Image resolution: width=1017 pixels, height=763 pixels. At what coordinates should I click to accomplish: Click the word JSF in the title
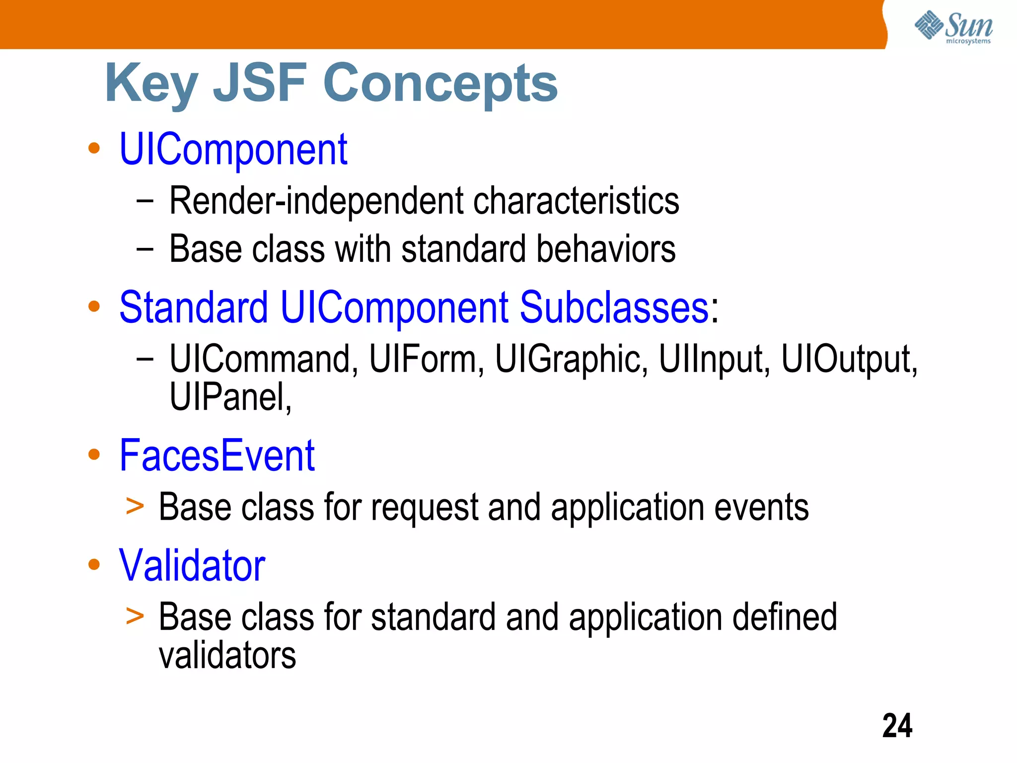pyautogui.click(x=260, y=83)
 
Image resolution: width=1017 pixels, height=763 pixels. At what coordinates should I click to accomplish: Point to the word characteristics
pyautogui.click(x=576, y=201)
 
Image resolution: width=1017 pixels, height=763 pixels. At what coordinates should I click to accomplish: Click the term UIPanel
pyautogui.click(x=229, y=397)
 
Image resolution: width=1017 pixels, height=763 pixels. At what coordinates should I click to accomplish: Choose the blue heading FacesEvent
pyautogui.click(x=217, y=456)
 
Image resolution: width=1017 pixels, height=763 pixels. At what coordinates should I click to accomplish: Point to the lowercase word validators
pyautogui.click(x=227, y=656)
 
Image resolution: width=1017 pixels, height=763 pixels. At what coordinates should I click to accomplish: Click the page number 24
pyautogui.click(x=897, y=726)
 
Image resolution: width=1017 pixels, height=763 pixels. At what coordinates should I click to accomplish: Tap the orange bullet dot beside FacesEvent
pyautogui.click(x=94, y=455)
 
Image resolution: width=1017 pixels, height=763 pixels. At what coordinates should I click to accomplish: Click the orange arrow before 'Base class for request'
pyautogui.click(x=135, y=507)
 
